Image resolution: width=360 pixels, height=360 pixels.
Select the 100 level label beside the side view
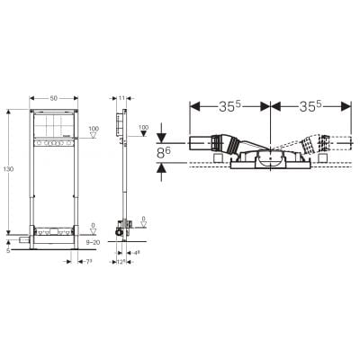143,130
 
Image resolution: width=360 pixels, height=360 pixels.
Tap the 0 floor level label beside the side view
144,217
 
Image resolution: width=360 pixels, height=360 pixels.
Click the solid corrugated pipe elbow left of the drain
231,144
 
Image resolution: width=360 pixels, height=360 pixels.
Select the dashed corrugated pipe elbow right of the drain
310,144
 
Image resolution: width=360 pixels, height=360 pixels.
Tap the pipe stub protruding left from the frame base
20,241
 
